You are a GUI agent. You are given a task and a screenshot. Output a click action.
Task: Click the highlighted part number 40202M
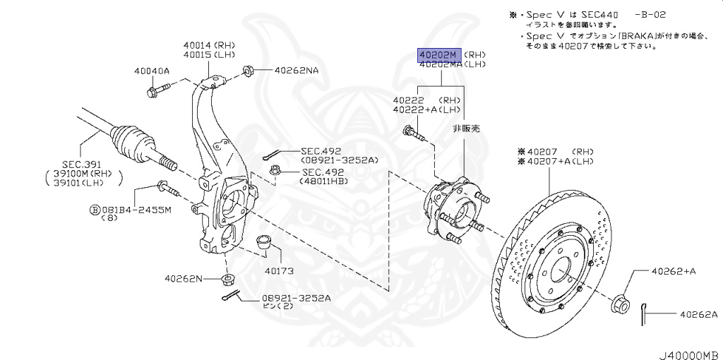click(x=438, y=54)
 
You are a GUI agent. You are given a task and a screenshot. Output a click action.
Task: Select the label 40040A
click(x=152, y=71)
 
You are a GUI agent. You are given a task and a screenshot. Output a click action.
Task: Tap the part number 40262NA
click(x=297, y=71)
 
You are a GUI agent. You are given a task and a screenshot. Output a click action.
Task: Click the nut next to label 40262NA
click(x=249, y=71)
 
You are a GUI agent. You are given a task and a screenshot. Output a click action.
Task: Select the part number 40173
click(x=279, y=270)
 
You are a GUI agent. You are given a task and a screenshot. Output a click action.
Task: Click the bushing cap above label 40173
click(x=265, y=244)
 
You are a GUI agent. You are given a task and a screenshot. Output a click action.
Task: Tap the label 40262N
click(x=183, y=279)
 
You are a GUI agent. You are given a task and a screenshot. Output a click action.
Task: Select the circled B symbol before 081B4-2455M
click(x=92, y=210)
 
